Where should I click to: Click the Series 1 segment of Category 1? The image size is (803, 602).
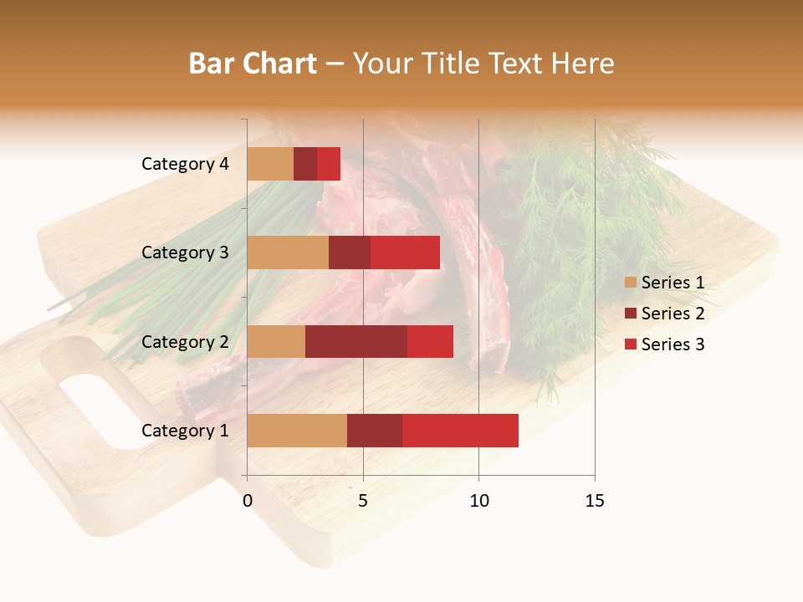click(x=297, y=430)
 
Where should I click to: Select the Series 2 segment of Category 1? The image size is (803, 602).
click(x=375, y=430)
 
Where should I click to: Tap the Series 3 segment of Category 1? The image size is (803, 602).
click(x=460, y=430)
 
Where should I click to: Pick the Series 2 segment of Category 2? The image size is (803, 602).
click(x=356, y=341)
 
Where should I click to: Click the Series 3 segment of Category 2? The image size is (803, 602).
click(x=430, y=341)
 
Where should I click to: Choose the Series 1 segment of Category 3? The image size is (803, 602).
click(x=288, y=253)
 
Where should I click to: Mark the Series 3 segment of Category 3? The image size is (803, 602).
click(x=405, y=253)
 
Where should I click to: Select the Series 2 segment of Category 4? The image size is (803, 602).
click(x=305, y=164)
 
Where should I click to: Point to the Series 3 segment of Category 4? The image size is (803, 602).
click(x=329, y=164)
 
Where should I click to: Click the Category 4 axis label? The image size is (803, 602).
click(x=185, y=164)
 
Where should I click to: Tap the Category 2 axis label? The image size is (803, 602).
click(x=185, y=341)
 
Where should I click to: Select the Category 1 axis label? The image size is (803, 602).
click(x=185, y=430)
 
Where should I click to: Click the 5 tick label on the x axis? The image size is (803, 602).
click(x=363, y=501)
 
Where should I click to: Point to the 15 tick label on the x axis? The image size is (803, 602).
click(x=594, y=501)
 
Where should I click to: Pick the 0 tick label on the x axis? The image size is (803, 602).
click(x=248, y=501)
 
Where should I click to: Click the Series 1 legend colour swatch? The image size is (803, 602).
click(x=630, y=283)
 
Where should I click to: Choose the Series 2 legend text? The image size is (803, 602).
click(x=673, y=314)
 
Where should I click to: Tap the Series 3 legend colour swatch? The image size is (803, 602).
click(x=630, y=344)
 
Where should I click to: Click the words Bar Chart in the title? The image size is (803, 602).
click(x=252, y=64)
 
